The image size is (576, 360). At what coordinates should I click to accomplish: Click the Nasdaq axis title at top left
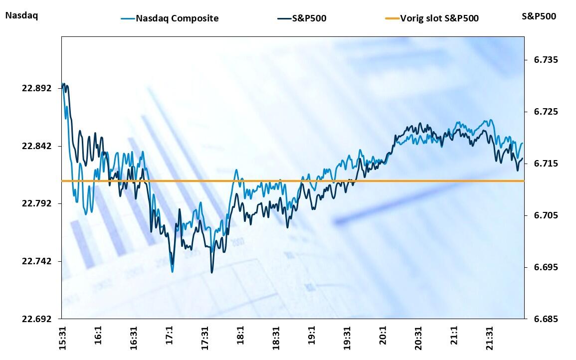click(21, 15)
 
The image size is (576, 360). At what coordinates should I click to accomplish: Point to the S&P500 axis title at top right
click(539, 16)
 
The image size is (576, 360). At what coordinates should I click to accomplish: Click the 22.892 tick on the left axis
click(36, 88)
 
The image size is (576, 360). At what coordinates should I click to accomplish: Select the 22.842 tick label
click(36, 146)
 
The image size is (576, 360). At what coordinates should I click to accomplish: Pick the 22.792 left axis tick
click(36, 203)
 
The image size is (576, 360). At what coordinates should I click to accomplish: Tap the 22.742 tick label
click(36, 261)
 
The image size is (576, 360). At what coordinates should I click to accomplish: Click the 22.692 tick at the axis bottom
click(36, 319)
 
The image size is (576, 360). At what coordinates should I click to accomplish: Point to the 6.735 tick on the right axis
click(542, 60)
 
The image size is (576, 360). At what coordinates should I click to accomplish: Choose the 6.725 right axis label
click(542, 112)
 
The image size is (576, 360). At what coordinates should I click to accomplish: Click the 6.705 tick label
click(542, 215)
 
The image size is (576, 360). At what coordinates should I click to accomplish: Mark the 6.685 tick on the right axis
click(542, 319)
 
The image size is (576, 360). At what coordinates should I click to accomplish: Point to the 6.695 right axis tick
click(542, 267)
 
